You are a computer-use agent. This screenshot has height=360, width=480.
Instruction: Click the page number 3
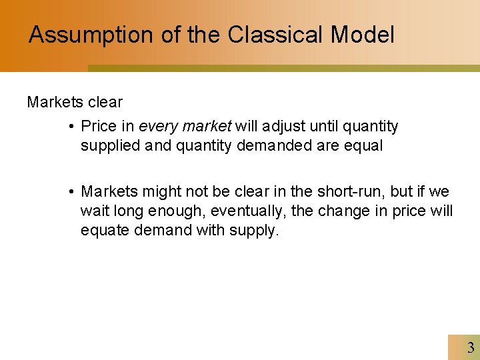point(471,347)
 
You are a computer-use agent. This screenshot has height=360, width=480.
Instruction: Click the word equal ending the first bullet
point(364,145)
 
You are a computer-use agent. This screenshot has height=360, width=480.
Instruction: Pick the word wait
point(93,211)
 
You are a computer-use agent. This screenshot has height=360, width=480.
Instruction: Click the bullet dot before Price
point(71,127)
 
